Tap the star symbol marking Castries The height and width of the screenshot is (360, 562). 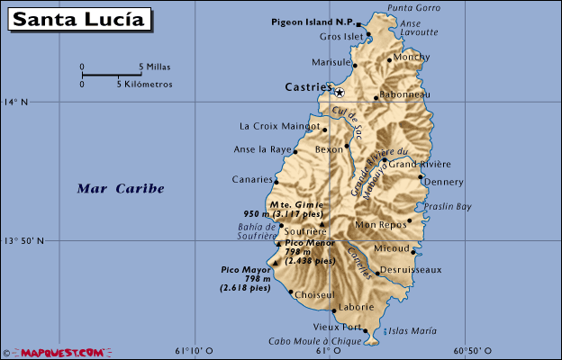(x=339, y=92)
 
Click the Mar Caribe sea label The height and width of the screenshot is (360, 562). (x=121, y=188)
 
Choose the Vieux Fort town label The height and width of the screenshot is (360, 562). (x=337, y=327)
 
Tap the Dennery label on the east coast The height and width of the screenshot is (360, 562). (x=443, y=182)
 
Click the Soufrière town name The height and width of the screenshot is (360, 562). (x=308, y=231)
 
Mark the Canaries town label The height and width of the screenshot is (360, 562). (x=252, y=179)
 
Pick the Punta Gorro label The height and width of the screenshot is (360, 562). (x=413, y=8)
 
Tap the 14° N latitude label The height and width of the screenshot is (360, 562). (x=15, y=103)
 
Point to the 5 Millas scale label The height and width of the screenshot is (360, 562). (x=155, y=67)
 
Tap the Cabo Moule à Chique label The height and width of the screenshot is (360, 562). (x=314, y=342)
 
